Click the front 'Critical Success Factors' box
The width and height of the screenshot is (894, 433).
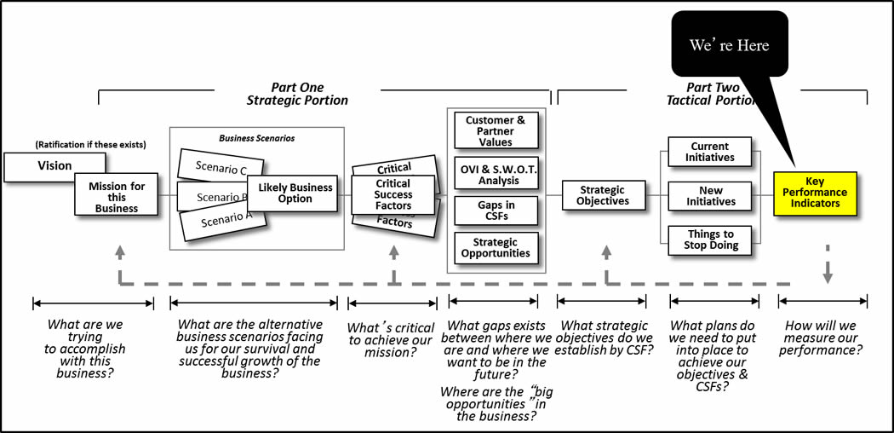point(393,194)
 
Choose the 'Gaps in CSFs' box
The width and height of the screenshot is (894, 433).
point(495,210)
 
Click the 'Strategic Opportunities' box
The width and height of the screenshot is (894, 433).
point(495,247)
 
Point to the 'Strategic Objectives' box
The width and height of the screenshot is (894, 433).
point(603,195)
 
